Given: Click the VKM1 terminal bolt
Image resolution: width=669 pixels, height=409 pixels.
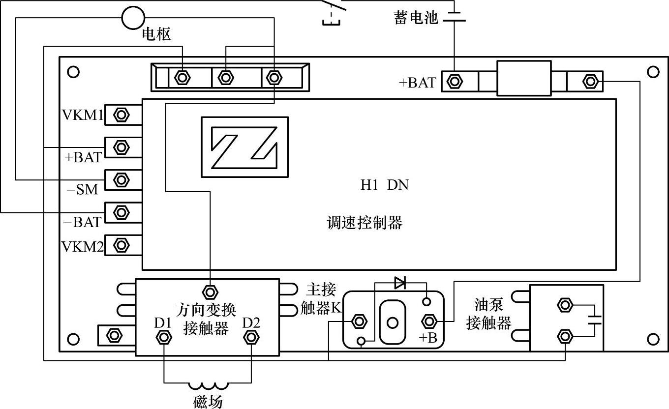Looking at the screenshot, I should (x=121, y=116).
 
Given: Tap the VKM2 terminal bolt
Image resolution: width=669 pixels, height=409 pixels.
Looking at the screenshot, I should (x=121, y=244).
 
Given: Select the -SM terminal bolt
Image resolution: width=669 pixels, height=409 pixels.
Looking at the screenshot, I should (x=121, y=179).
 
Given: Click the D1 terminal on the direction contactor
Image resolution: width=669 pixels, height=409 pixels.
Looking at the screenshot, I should (x=163, y=337).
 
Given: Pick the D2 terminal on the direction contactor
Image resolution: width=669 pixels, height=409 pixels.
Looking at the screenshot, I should (x=251, y=337).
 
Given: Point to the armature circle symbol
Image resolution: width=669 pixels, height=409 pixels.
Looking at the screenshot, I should (x=133, y=18).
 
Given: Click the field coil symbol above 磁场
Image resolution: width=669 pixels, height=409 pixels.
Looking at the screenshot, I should (x=207, y=386).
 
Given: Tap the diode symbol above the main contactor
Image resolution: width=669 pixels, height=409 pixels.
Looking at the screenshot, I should (x=400, y=282).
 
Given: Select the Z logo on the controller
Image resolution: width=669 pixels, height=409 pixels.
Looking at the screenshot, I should (x=244, y=146).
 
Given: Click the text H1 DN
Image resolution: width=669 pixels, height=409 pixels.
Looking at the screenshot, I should (x=384, y=185).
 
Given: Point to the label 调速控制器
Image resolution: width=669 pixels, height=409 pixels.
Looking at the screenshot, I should (x=365, y=223).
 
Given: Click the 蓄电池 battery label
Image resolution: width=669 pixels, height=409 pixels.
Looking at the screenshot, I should (x=416, y=18).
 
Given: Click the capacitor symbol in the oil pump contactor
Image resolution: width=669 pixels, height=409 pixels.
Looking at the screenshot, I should (x=595, y=320).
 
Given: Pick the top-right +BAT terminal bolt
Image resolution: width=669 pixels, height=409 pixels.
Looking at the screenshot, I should (x=455, y=81).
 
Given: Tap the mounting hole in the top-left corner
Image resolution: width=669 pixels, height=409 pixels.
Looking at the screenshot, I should (x=73, y=72).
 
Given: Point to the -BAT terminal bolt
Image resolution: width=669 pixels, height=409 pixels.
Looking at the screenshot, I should (x=121, y=212).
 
